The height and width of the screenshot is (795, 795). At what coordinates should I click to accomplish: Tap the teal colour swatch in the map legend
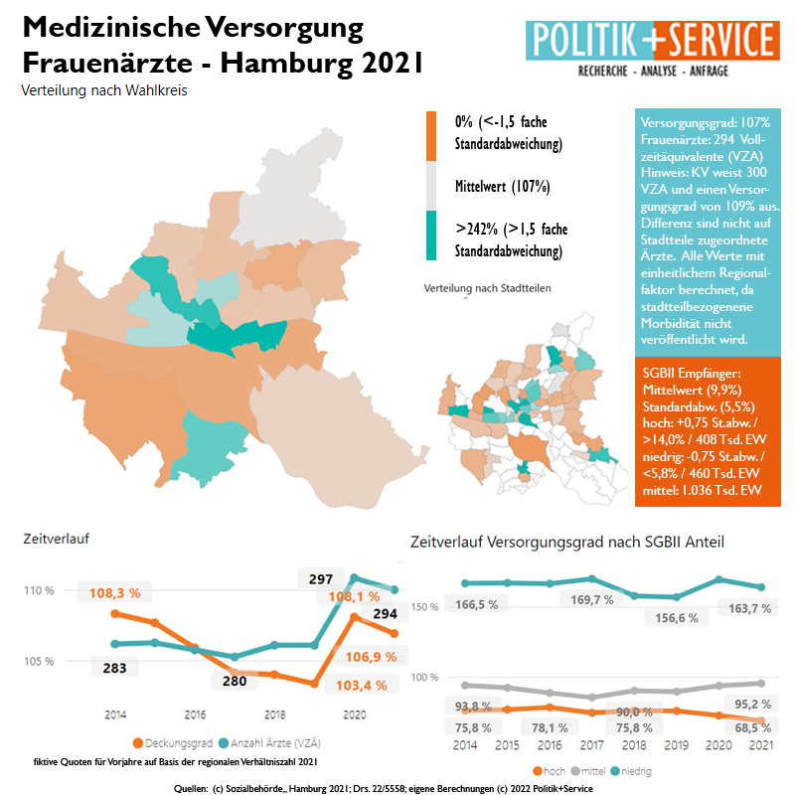coord(431,237)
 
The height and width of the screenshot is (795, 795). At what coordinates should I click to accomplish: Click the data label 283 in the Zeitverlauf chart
coord(114,668)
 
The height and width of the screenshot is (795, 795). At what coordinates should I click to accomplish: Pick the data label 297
coord(320,578)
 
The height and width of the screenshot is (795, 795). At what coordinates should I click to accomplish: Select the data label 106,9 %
coord(371,657)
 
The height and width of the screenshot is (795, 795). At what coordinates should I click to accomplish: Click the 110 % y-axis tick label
coord(39,591)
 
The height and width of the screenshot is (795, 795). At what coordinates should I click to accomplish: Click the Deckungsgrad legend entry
coord(174,742)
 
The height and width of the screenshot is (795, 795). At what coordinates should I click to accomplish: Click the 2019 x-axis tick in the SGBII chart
coord(676,744)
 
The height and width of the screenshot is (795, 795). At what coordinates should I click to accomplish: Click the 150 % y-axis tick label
coord(424,605)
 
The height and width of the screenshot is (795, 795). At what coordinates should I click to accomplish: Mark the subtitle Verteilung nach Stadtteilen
coord(487,288)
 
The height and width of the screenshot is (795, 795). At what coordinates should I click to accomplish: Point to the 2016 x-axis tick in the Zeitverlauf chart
coord(195,715)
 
